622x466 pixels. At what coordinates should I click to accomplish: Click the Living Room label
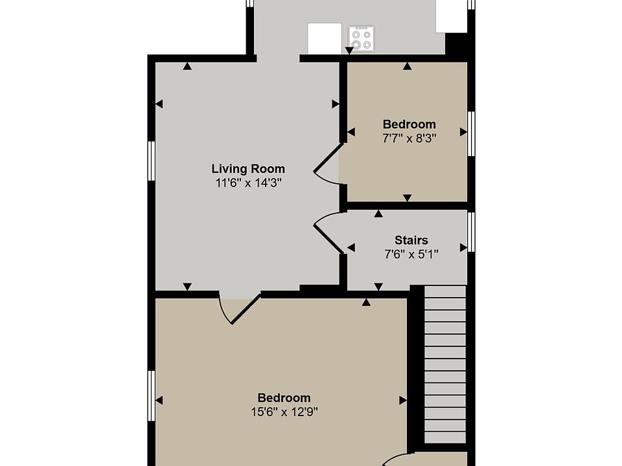click(248, 169)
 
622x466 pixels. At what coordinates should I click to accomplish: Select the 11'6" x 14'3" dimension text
click(248, 183)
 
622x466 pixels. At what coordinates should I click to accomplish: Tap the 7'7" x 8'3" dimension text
click(409, 139)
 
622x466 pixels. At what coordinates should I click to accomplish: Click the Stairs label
click(411, 240)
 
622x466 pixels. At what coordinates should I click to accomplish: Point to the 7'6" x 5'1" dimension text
click(411, 254)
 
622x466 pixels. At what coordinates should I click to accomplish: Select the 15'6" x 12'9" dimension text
click(284, 412)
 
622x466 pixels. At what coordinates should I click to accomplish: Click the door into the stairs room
click(328, 232)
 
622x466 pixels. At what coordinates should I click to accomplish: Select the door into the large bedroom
click(239, 310)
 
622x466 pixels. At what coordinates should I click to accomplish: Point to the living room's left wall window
click(151, 161)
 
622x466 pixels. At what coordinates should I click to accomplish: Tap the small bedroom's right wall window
click(471, 133)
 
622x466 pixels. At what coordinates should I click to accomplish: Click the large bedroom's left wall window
click(151, 395)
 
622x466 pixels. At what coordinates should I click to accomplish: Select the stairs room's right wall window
click(471, 232)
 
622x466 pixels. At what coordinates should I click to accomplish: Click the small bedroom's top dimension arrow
click(407, 66)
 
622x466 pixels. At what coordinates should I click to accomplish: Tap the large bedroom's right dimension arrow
click(403, 400)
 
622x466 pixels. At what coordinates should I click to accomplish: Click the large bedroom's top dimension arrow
click(366, 302)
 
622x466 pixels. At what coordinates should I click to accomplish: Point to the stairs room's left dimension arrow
click(351, 248)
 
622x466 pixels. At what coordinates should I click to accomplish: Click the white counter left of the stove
click(325, 38)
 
